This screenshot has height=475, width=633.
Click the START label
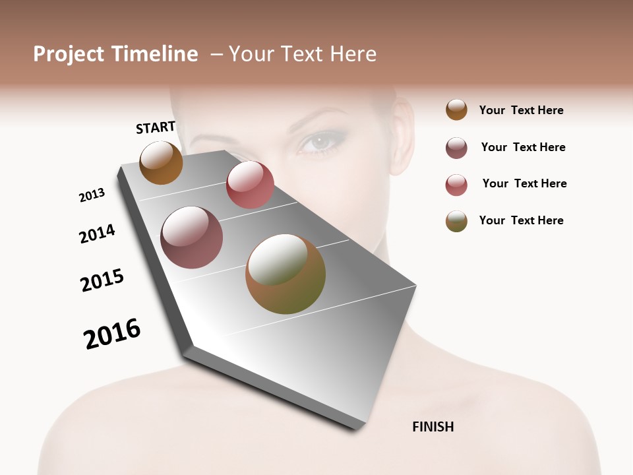156,127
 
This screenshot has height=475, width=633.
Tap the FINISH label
433,427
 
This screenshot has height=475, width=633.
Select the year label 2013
92,195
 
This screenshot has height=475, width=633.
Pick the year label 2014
97,234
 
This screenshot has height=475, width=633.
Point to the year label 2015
102,280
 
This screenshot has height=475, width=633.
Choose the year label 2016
112,334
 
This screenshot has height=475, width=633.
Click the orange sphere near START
161,163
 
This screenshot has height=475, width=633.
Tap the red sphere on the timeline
250,185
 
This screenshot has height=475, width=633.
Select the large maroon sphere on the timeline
192,237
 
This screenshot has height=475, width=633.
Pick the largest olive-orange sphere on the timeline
286,274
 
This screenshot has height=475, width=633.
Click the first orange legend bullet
456,110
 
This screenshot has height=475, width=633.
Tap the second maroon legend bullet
456,148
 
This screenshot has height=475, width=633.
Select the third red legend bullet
456,185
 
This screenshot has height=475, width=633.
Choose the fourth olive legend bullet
456,221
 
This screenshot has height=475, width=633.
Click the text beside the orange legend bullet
521,110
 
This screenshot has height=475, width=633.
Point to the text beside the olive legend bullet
521,220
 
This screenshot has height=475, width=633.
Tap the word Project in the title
69,54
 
